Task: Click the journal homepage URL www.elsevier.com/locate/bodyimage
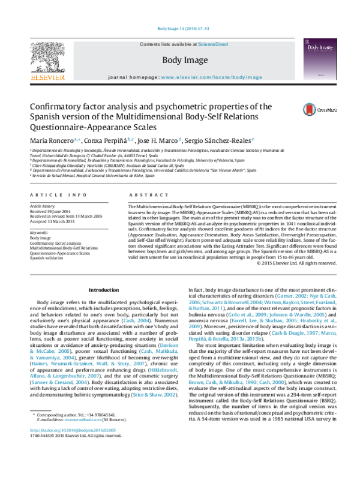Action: (x=212, y=78)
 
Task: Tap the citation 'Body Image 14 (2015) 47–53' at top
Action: (x=181, y=28)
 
